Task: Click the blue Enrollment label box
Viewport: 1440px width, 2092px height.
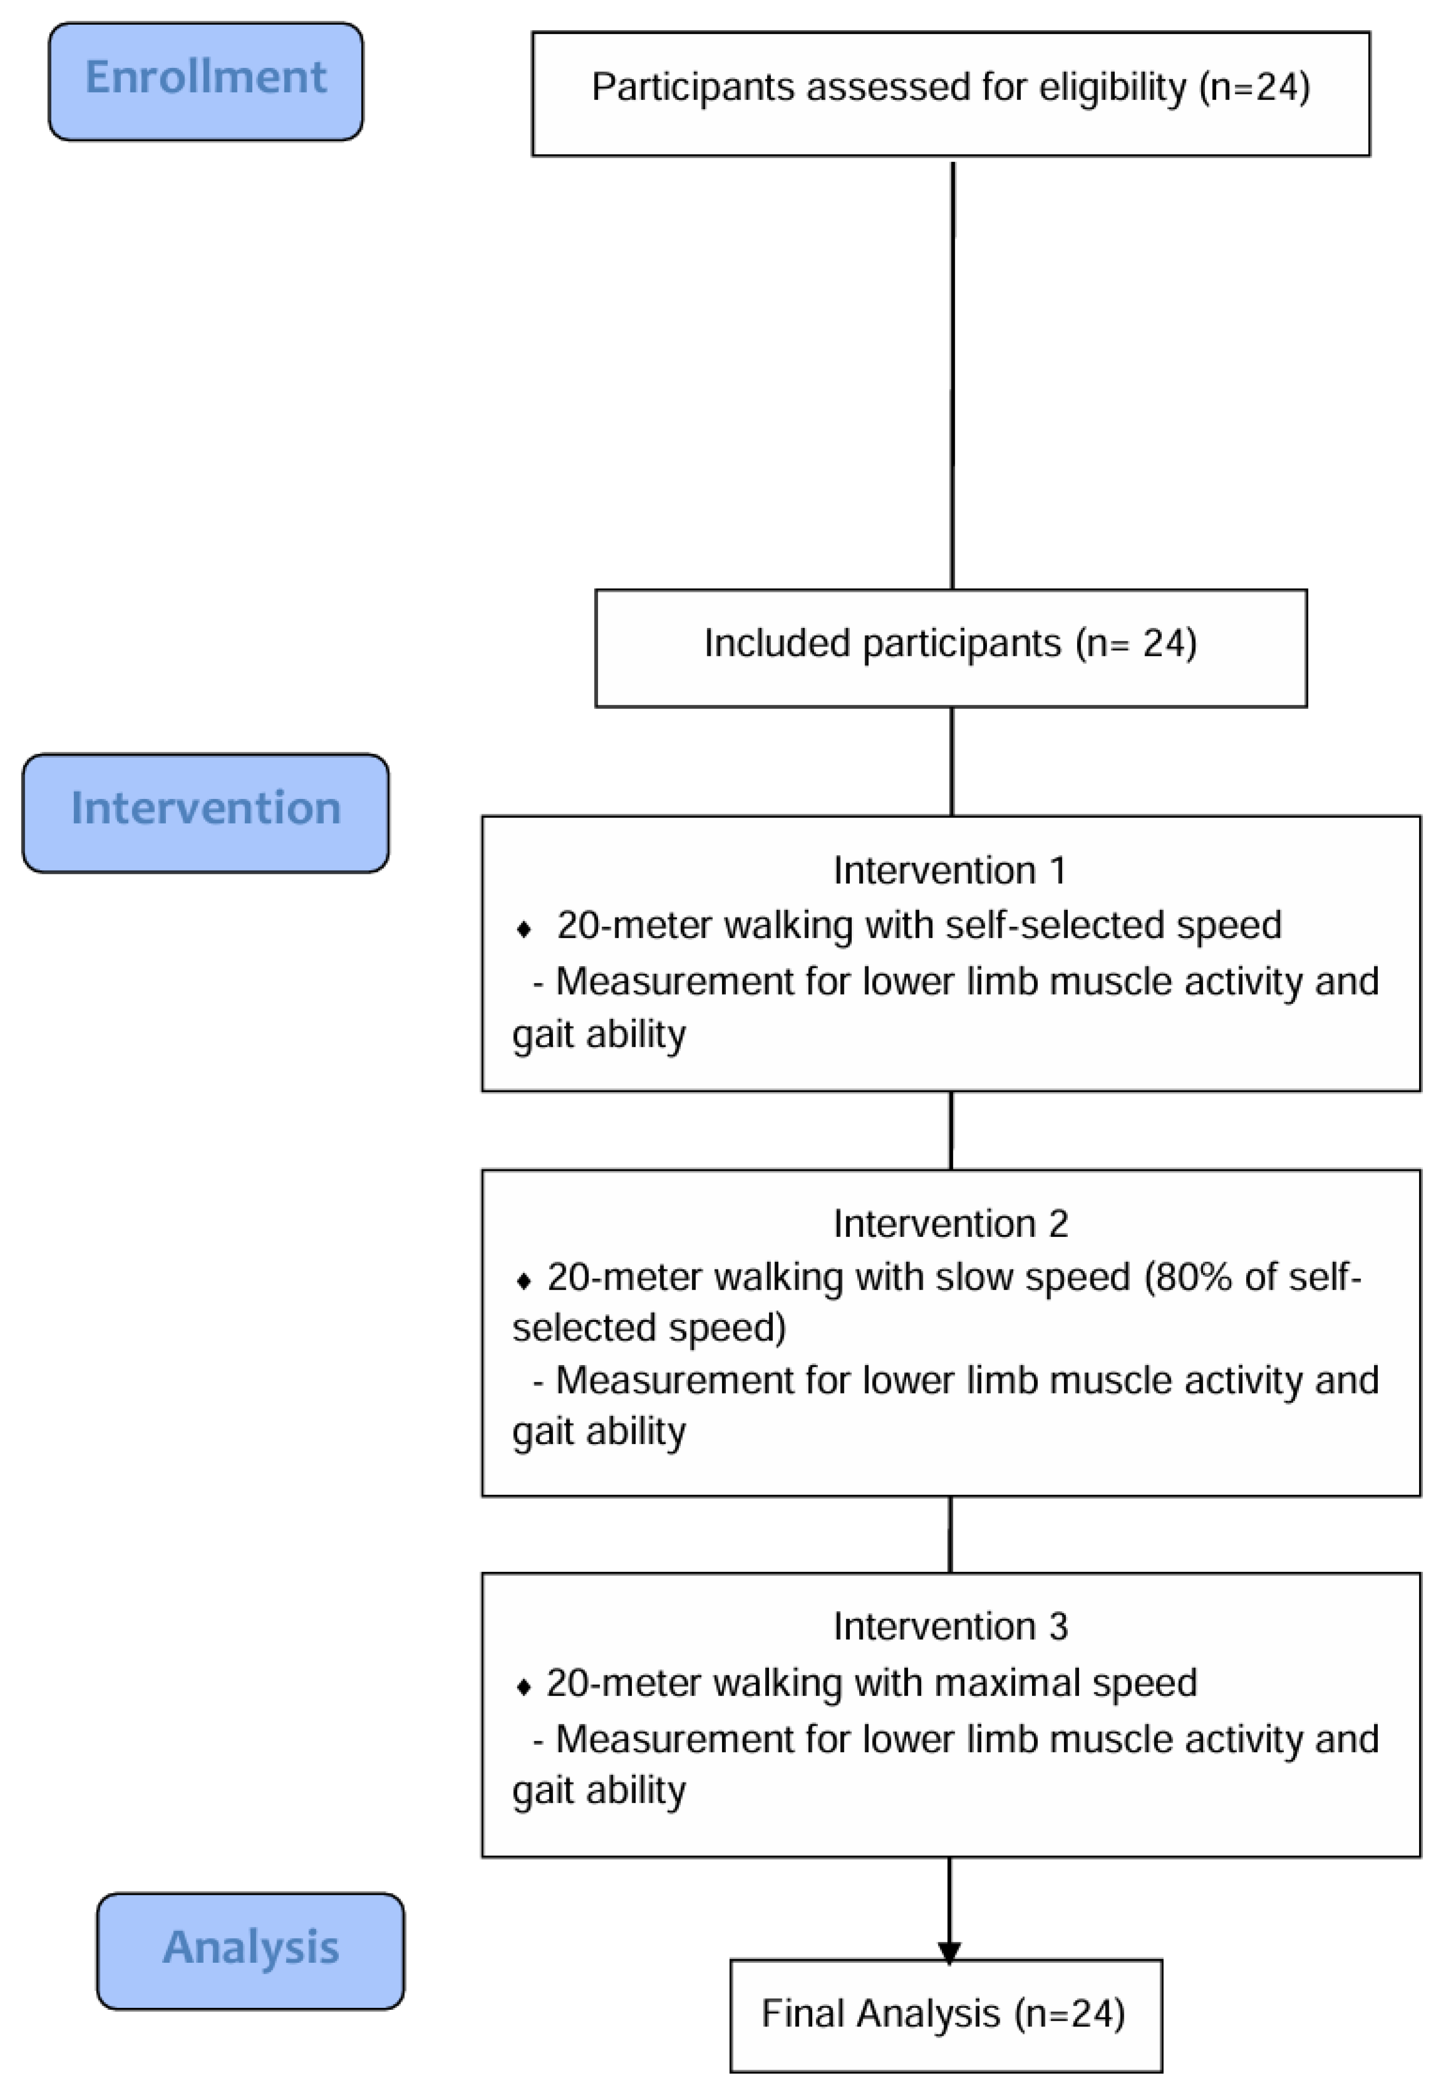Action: [206, 81]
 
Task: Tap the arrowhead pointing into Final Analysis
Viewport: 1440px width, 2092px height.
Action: [949, 1952]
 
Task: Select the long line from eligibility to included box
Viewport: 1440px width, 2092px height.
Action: [953, 375]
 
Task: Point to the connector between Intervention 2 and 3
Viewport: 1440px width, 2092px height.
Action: [950, 1534]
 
